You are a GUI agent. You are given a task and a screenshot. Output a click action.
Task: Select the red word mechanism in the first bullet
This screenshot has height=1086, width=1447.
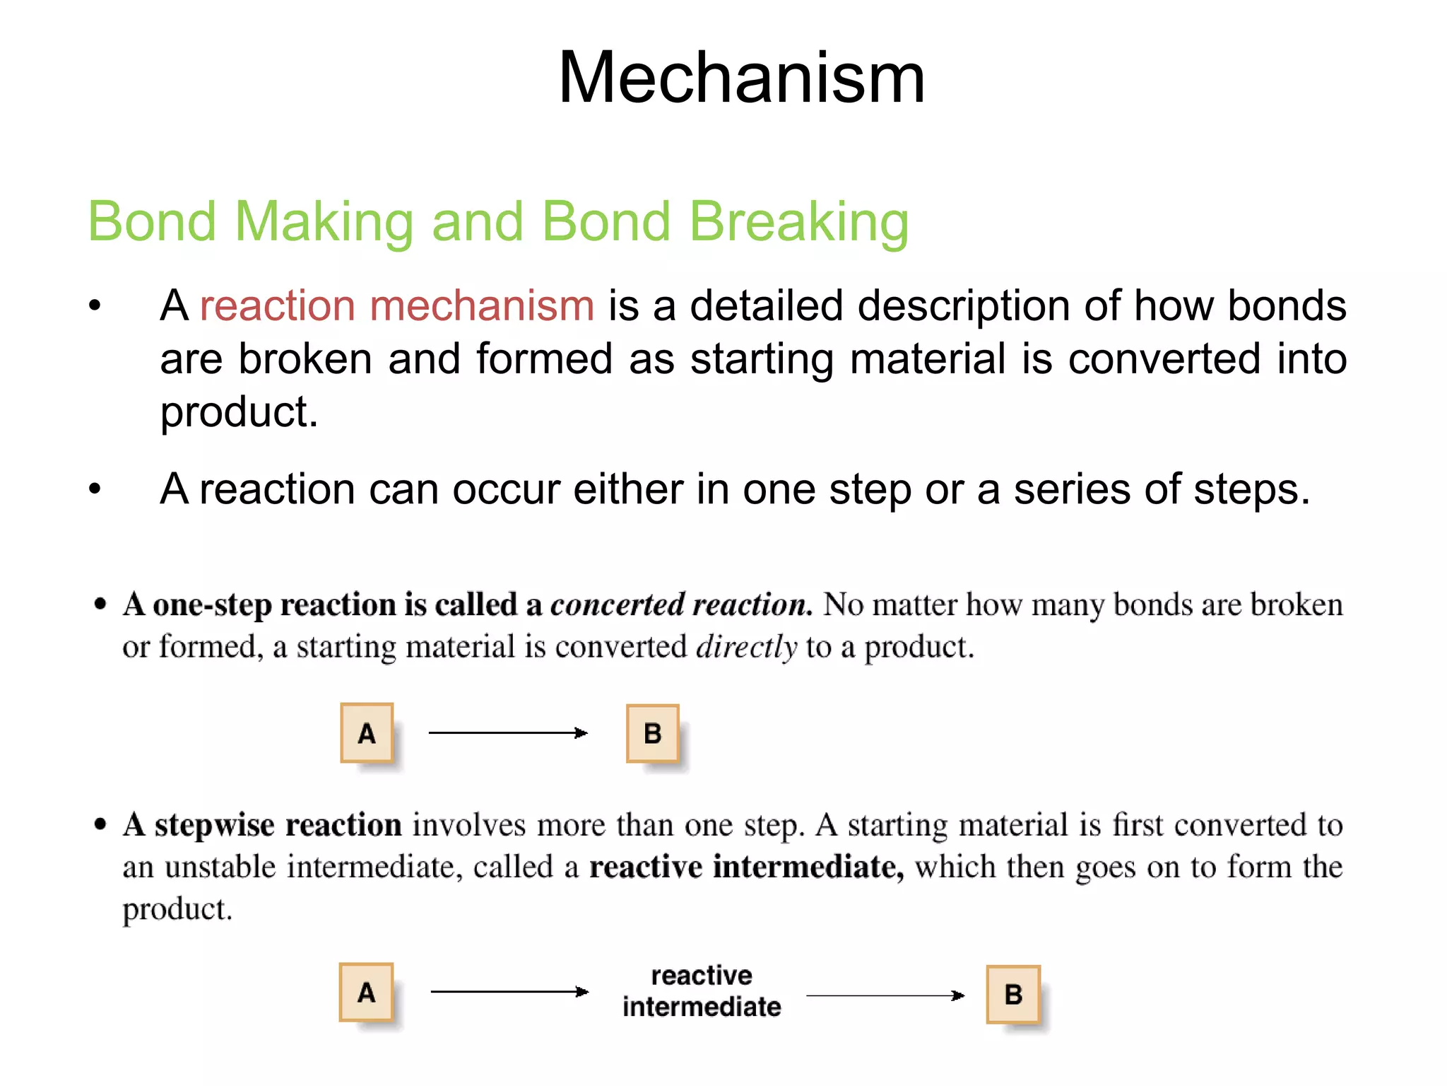tap(481, 306)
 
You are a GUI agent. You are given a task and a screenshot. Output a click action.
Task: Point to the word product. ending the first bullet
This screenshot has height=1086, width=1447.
tap(239, 413)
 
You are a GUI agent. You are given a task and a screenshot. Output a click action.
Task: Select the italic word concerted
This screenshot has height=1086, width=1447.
tap(617, 605)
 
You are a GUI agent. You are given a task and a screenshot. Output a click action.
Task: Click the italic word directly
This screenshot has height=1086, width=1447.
tap(746, 647)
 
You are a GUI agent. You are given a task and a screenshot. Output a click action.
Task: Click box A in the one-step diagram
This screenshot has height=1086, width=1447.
tap(367, 733)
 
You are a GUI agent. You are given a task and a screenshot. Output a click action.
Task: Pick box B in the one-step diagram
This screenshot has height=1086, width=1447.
tap(653, 734)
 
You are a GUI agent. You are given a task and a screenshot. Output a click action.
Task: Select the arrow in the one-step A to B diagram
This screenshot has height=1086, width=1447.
tap(508, 733)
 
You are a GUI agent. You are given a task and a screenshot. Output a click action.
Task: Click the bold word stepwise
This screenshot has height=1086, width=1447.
tap(214, 826)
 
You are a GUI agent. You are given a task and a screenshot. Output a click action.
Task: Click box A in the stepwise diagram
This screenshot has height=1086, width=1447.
tap(366, 993)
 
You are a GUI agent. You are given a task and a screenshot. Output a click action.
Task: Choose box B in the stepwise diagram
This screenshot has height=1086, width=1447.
tap(1013, 995)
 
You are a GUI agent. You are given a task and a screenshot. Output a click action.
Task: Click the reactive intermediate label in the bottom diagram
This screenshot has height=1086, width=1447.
tap(702, 991)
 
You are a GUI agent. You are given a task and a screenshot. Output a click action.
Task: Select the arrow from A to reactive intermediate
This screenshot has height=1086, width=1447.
tap(509, 992)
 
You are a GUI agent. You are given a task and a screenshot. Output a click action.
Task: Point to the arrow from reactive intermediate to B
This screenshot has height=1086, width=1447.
tap(885, 995)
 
